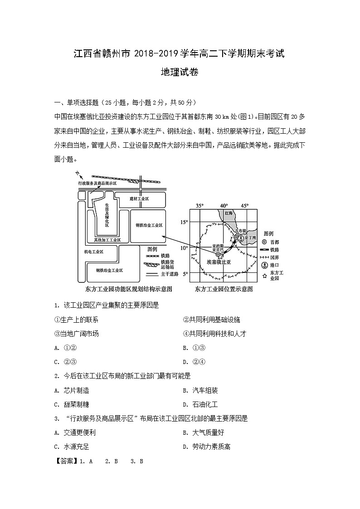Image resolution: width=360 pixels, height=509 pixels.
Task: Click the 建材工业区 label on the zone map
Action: (x=139, y=199)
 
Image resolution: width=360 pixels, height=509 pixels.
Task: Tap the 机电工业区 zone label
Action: (x=94, y=252)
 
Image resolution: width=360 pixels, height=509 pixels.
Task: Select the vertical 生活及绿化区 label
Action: (x=107, y=215)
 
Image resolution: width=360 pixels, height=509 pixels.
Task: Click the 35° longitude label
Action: (x=199, y=206)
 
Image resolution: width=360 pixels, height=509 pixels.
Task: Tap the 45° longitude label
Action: (x=244, y=206)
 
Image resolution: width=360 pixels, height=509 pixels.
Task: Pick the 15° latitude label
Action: (x=184, y=222)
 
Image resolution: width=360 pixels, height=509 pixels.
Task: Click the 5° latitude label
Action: (x=185, y=274)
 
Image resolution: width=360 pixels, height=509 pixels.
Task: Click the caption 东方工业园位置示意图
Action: (x=223, y=289)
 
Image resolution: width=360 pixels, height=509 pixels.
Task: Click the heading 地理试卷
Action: (x=180, y=73)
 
